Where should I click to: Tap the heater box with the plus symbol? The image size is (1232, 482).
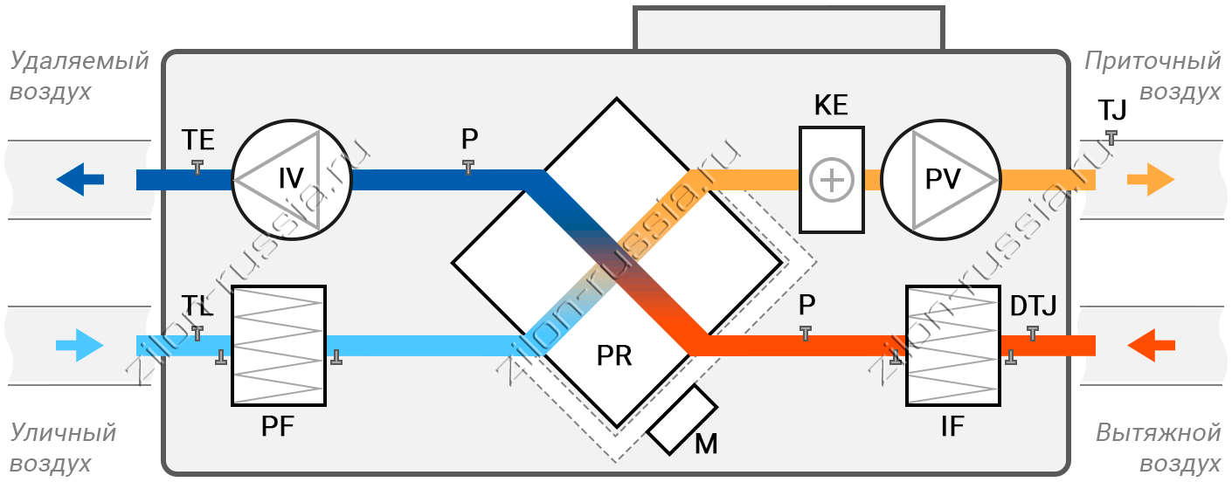click(x=832, y=180)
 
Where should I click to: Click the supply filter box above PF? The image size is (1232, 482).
click(x=279, y=346)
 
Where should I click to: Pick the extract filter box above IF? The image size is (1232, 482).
click(x=953, y=346)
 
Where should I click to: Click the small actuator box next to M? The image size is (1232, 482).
click(x=682, y=420)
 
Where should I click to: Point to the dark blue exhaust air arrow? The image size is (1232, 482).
click(x=80, y=179)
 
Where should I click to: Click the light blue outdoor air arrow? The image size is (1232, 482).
click(x=80, y=345)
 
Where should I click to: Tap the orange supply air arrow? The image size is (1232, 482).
click(x=1151, y=179)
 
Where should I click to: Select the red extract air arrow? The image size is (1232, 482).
click(x=1151, y=345)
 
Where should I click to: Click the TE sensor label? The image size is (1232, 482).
click(x=198, y=141)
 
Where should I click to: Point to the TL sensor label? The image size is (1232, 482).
click(x=197, y=306)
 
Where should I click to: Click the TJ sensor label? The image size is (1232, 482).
click(x=1112, y=110)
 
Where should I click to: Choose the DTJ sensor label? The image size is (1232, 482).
click(x=1034, y=306)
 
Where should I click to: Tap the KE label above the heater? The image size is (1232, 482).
click(x=831, y=105)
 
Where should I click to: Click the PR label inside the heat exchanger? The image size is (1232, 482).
click(x=614, y=355)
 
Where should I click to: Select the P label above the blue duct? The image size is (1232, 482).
click(x=470, y=139)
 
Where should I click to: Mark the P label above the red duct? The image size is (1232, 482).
click(x=806, y=305)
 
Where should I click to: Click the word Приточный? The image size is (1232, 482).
click(x=1152, y=61)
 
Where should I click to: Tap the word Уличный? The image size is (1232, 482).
click(x=63, y=433)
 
